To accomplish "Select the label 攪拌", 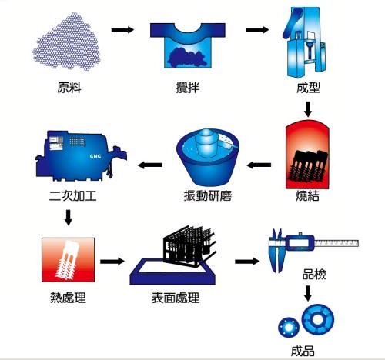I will (x=187, y=87).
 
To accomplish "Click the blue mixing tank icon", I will (x=187, y=42).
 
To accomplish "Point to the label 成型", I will (x=307, y=87).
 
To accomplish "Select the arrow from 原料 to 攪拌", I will (x=123, y=31).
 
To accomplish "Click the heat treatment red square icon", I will (x=69, y=262).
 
